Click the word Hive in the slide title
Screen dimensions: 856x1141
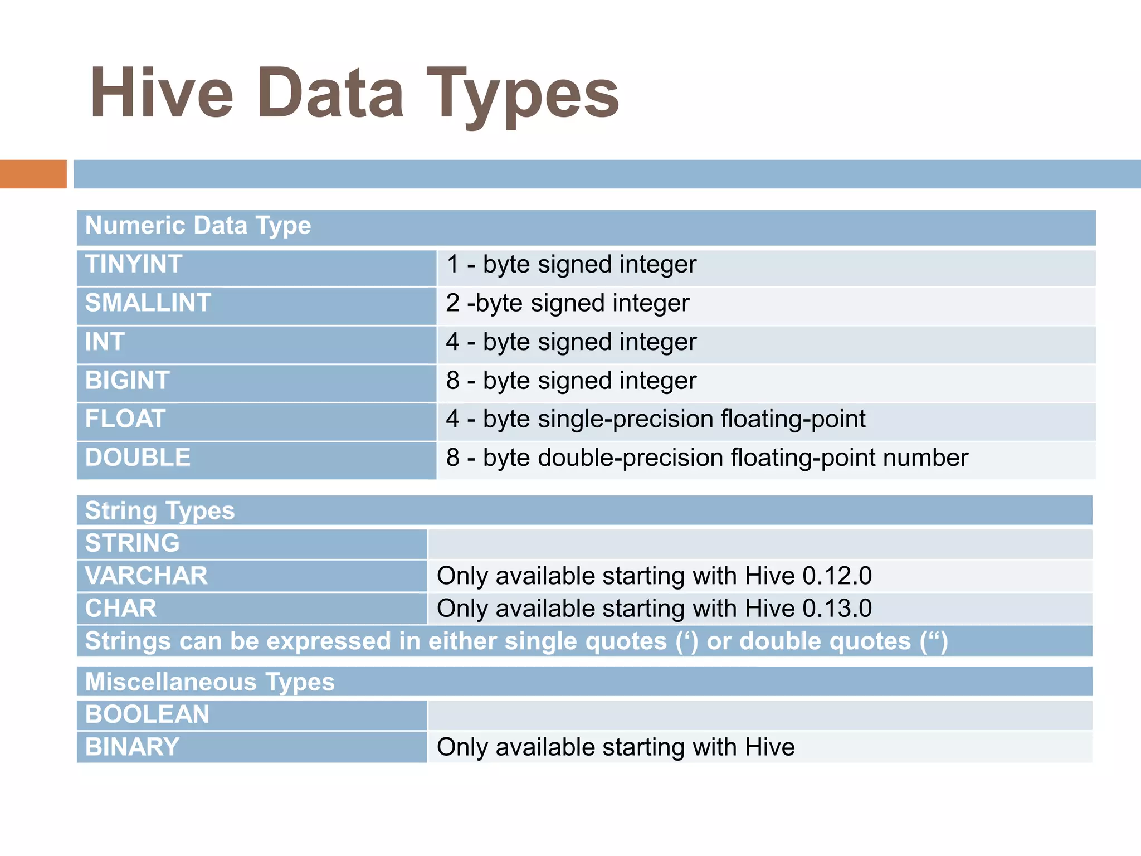click(x=162, y=94)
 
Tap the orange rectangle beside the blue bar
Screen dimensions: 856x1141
click(x=33, y=174)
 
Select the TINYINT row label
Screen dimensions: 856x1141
click(x=134, y=264)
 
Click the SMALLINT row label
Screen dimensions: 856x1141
click(x=148, y=303)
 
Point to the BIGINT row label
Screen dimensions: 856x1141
click(x=127, y=381)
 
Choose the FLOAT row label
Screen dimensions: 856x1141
click(x=125, y=419)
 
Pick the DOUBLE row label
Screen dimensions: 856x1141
click(x=138, y=458)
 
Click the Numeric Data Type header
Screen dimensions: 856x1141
click(x=198, y=226)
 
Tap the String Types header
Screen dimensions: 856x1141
click(x=160, y=510)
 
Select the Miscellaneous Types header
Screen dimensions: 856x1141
click(x=210, y=682)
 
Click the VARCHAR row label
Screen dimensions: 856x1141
click(x=146, y=576)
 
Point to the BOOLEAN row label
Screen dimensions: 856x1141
click(x=147, y=714)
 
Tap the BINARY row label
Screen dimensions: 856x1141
click(x=132, y=747)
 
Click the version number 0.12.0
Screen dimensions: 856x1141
click(x=837, y=576)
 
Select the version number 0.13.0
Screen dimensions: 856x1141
click(x=837, y=609)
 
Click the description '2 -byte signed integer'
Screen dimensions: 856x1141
click(x=568, y=304)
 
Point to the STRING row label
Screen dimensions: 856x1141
click(x=132, y=543)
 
